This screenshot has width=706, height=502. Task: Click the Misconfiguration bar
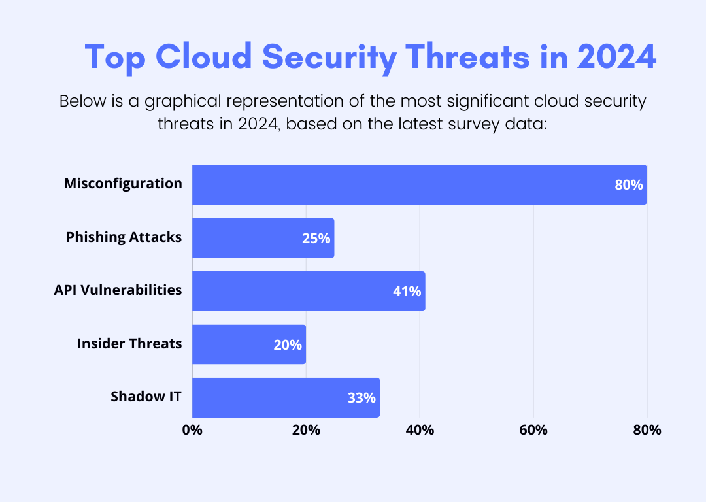click(418, 184)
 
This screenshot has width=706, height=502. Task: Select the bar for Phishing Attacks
click(263, 238)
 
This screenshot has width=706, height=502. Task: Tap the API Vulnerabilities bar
click(309, 292)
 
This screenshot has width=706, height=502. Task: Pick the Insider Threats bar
click(248, 344)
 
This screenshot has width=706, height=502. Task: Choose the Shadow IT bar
click(286, 397)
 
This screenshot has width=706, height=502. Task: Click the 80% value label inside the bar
click(628, 185)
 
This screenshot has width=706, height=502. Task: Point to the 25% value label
click(316, 239)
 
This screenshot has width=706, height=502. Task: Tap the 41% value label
click(407, 292)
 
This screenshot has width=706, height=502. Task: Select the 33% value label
click(361, 397)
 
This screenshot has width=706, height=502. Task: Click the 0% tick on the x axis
click(192, 430)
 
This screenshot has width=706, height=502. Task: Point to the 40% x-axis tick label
click(420, 430)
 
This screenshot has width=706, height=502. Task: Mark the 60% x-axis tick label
click(533, 430)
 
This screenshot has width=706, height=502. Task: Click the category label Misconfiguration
click(123, 184)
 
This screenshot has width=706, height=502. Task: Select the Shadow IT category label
click(146, 397)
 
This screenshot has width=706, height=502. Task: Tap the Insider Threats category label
click(129, 343)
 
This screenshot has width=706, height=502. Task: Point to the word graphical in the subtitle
click(180, 102)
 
